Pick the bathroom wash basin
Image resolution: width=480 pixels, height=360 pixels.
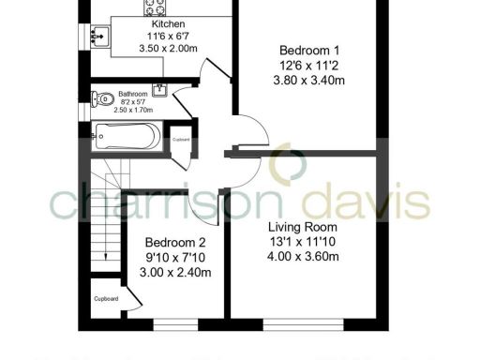pyautogui.click(x=161, y=89)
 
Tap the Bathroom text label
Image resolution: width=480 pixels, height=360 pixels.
pyautogui.click(x=132, y=95)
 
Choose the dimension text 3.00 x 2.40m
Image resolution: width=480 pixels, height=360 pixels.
pyautogui.click(x=177, y=273)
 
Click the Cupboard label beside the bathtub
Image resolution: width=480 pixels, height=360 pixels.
pyautogui.click(x=181, y=140)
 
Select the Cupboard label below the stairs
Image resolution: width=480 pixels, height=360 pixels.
pyautogui.click(x=105, y=300)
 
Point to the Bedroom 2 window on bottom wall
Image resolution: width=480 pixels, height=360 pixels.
pyautogui.click(x=177, y=325)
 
